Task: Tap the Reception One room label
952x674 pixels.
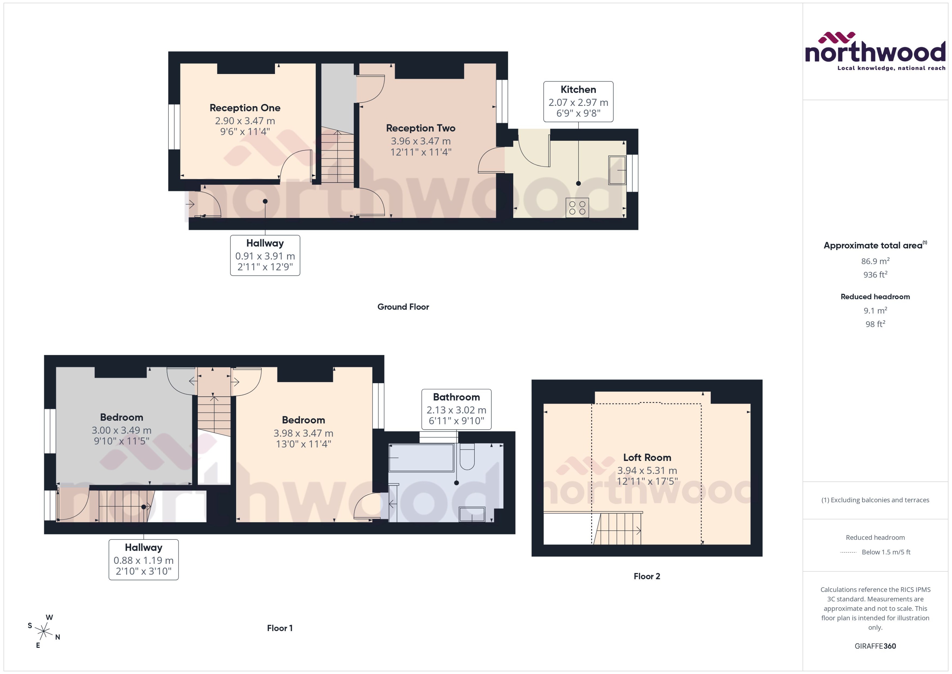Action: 245,108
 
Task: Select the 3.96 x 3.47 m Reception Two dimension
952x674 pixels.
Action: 420,141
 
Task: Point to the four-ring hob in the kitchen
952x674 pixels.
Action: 577,208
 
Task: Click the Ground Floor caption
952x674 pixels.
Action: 403,307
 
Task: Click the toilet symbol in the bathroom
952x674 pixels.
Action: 467,457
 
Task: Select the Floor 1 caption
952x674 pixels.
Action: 280,628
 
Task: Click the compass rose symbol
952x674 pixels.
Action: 44,632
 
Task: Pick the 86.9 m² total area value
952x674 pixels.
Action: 875,261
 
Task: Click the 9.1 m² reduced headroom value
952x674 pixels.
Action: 875,310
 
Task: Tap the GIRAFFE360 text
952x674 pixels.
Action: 875,646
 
